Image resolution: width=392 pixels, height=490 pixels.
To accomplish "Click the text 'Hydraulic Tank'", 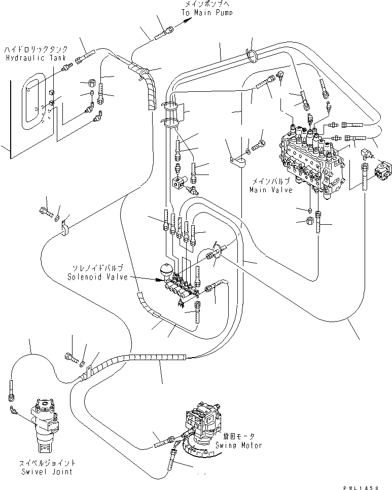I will point(30,58).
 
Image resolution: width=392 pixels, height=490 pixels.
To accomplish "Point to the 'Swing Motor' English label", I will point(241,445).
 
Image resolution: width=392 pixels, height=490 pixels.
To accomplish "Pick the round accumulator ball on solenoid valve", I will point(166,268).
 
